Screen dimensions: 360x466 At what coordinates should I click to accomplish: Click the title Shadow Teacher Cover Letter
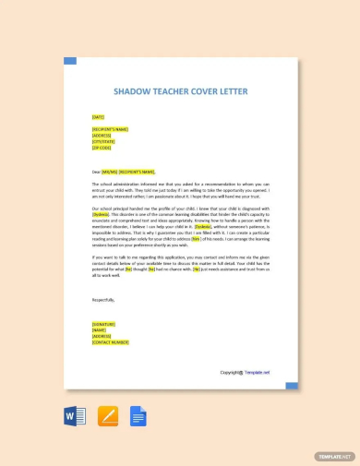pos(180,92)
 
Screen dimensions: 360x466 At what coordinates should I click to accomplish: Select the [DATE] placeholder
pos(98,117)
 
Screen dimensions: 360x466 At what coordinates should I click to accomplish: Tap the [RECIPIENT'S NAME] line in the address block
pos(110,129)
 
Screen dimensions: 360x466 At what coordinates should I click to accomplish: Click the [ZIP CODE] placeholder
pos(101,148)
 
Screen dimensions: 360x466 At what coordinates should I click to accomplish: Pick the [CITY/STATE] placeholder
pos(102,141)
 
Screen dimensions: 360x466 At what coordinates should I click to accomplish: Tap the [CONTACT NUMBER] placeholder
pos(109,342)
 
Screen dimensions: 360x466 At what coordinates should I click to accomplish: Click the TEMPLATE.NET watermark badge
pos(334,456)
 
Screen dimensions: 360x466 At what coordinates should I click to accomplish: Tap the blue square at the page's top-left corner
pos(69,62)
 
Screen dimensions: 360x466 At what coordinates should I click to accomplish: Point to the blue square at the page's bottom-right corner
pos(292,382)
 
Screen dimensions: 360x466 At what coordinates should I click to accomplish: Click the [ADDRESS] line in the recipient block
pos(101,136)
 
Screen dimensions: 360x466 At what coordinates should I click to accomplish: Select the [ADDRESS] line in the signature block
pos(101,337)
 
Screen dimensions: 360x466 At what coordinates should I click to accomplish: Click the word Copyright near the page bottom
pos(231,372)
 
